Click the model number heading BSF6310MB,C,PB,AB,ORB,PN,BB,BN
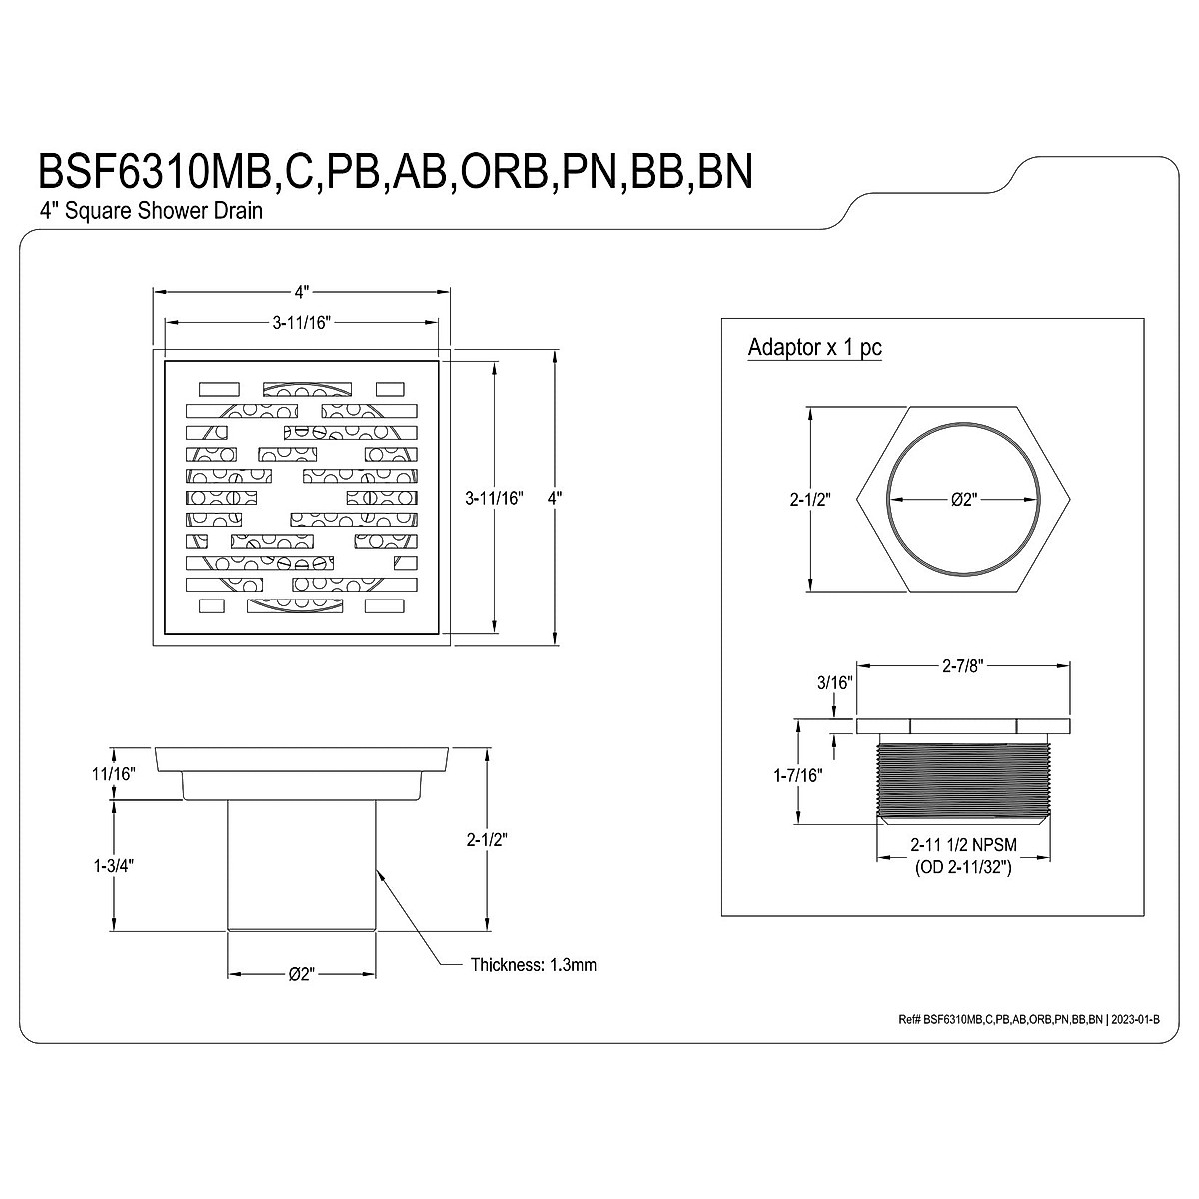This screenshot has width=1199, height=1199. [396, 171]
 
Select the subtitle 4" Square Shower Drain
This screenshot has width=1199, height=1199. [151, 211]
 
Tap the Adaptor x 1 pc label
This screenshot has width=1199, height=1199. [814, 347]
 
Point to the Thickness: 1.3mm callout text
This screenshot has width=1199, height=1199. [534, 965]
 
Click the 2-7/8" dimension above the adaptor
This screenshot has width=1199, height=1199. [962, 666]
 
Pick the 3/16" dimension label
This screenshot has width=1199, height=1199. [834, 683]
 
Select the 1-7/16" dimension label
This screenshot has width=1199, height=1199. [797, 776]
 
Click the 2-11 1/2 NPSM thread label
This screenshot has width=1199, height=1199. [964, 845]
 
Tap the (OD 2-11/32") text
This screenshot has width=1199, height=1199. [963, 867]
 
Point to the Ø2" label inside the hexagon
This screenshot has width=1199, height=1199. [964, 499]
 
